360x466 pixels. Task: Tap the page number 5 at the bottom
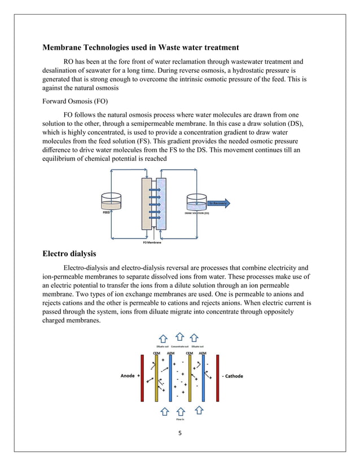[179, 433]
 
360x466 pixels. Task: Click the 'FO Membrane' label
[151, 242]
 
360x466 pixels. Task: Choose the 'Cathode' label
[231, 376]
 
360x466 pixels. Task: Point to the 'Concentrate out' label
[180, 346]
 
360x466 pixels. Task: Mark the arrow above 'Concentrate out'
[180, 337]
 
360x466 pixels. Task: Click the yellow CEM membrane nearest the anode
[156, 377]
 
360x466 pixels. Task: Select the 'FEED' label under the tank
[106, 214]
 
